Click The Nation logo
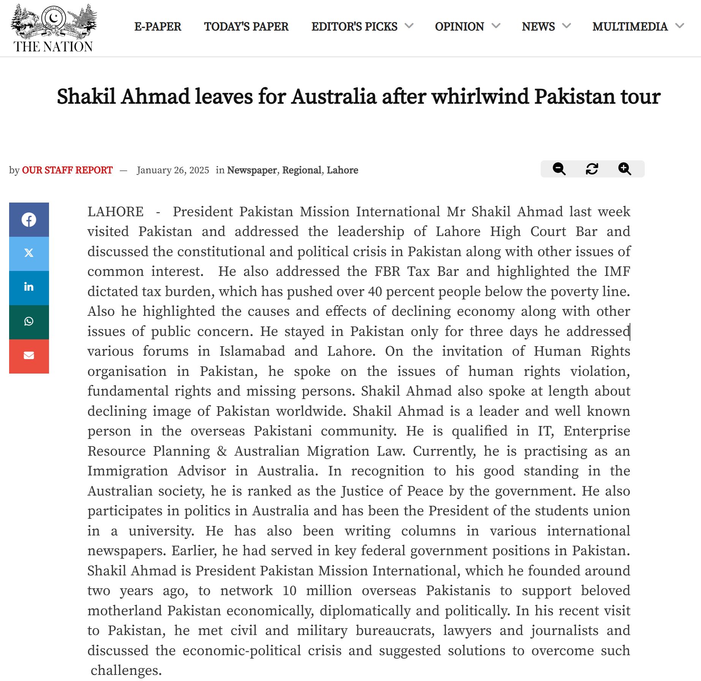pos(53,29)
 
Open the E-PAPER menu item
pos(158,27)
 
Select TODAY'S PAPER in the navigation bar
pos(246,27)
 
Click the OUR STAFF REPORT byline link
pos(67,170)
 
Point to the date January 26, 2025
pos(173,170)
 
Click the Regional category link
pos(302,170)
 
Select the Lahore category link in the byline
pos(342,170)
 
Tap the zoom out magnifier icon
pos(559,169)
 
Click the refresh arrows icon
pos(592,169)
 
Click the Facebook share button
pos(29,220)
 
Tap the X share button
pos(29,253)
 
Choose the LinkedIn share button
pos(29,287)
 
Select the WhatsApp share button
pos(29,321)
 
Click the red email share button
pos(29,356)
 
